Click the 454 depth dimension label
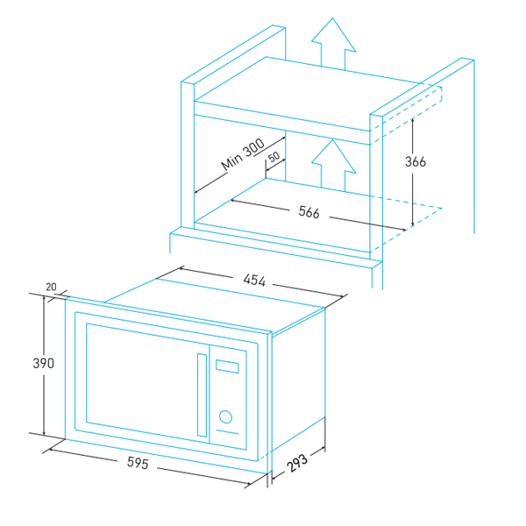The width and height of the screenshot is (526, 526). [x=254, y=281]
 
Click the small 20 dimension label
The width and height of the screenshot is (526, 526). [x=51, y=288]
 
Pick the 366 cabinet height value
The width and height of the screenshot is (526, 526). [x=416, y=161]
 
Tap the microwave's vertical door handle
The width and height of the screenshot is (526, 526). [x=203, y=394]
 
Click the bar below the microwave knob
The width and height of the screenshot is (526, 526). [x=227, y=434]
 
